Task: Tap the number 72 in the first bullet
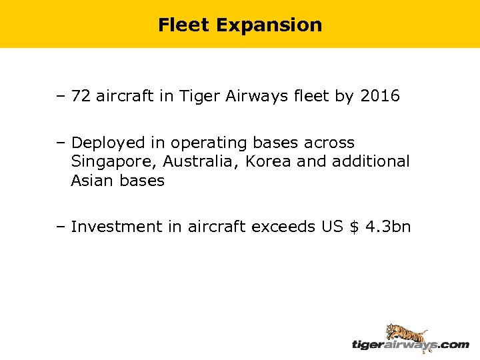pos(81,97)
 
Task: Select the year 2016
pos(379,97)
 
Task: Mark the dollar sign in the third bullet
pos(354,227)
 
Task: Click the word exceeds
pos(283,227)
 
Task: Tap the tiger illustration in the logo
pos(406,333)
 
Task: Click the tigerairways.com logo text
pos(410,345)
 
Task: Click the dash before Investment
pos(61,227)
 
